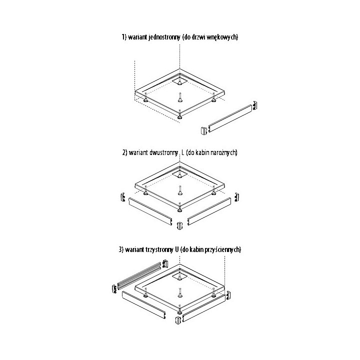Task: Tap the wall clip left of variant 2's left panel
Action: coord(121,197)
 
